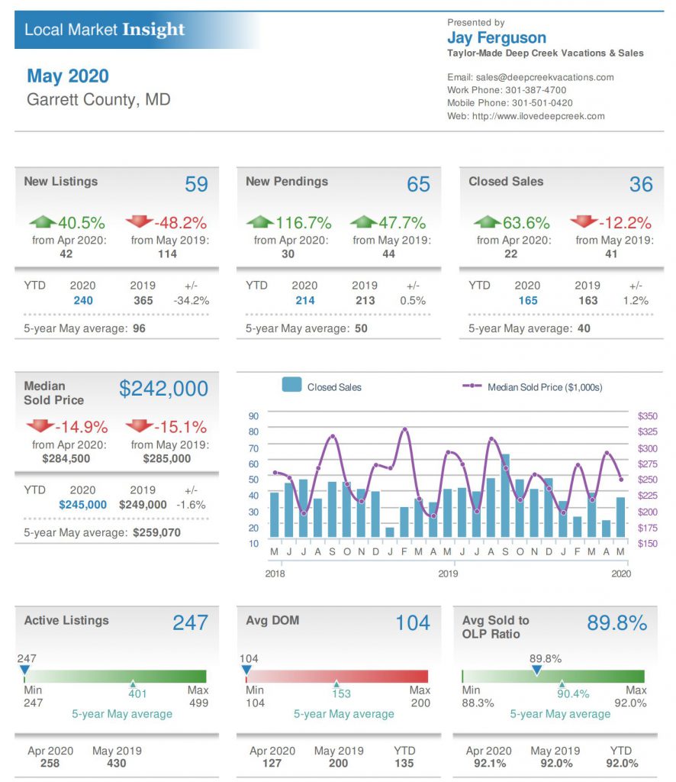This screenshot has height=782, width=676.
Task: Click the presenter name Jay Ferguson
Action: tap(496, 38)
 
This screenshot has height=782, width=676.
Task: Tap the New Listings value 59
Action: tap(196, 184)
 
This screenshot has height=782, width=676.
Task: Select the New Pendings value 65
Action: tap(418, 184)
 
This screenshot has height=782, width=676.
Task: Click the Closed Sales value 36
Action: tap(641, 184)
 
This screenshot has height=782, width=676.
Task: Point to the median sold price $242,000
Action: tap(163, 389)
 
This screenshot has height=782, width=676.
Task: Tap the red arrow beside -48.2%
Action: tap(140, 221)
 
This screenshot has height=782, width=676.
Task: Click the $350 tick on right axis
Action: tap(647, 416)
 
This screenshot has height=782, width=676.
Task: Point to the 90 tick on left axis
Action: tap(254, 416)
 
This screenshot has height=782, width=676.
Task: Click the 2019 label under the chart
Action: tap(448, 573)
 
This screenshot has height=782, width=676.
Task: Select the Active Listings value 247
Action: tap(190, 622)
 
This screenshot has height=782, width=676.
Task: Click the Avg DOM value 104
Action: tap(413, 622)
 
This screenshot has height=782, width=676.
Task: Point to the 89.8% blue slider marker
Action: tap(536, 671)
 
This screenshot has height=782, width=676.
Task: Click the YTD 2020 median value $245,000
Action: tap(83, 505)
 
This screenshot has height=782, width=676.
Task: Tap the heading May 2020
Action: tap(68, 76)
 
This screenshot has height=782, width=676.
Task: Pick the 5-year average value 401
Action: tap(137, 694)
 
